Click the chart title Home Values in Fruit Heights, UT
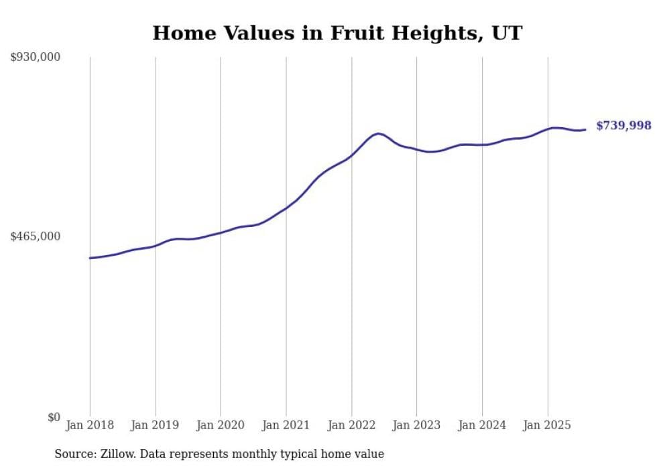click(x=337, y=33)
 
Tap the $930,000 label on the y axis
click(x=36, y=58)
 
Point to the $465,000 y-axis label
click(x=36, y=236)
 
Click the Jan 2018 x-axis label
click(x=90, y=425)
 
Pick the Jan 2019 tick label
click(x=156, y=425)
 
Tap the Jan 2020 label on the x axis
click(x=221, y=425)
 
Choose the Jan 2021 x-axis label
click(x=286, y=425)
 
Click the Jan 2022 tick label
click(x=351, y=425)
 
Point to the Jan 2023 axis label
click(x=416, y=425)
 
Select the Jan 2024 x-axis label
click(x=482, y=425)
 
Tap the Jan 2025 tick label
click(x=547, y=425)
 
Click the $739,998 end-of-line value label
click(x=623, y=125)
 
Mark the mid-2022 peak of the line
click(x=378, y=134)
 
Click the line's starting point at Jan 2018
click(x=90, y=258)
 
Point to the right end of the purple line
click(x=585, y=129)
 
